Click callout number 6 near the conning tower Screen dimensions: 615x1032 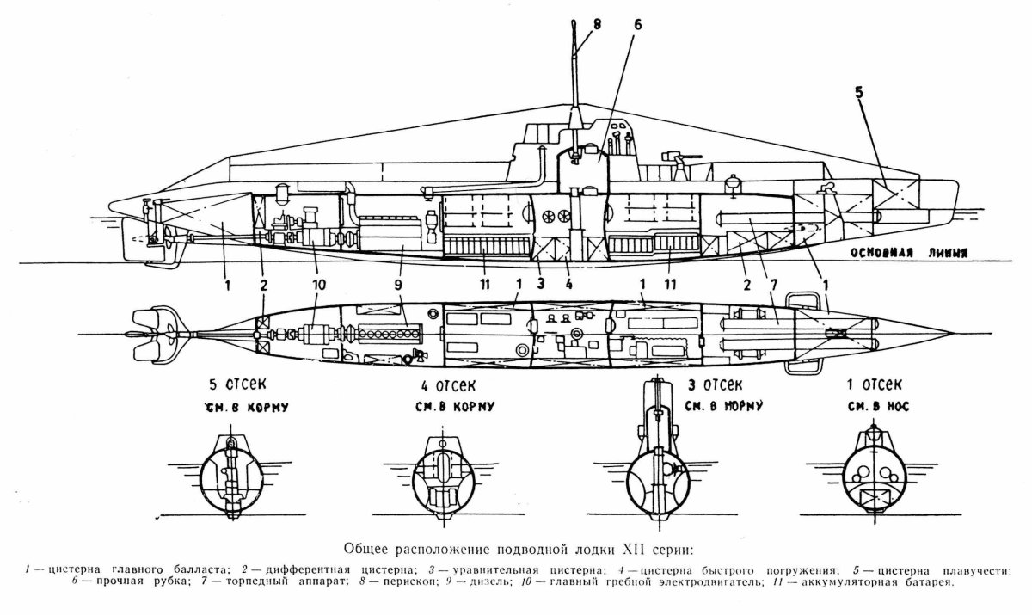coord(637,26)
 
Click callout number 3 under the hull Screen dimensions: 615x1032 coord(539,283)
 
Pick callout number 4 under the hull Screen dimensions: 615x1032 coord(568,283)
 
